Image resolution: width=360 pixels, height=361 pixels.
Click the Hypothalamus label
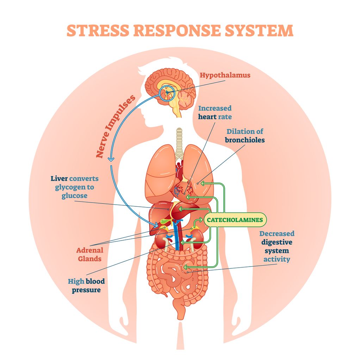(225, 75)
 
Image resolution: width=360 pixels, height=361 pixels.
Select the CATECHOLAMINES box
(235, 220)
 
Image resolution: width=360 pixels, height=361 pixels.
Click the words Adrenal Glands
(90, 255)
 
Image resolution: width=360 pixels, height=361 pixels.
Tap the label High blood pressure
(86, 286)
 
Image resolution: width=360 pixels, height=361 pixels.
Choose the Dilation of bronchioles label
(245, 136)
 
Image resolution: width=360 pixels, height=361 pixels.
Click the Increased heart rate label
(215, 112)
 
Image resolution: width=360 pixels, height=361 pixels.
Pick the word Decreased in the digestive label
(277, 234)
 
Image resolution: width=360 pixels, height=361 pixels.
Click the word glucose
(74, 195)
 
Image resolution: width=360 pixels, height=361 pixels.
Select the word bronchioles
(245, 140)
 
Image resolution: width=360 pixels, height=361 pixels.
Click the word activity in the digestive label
(277, 259)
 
